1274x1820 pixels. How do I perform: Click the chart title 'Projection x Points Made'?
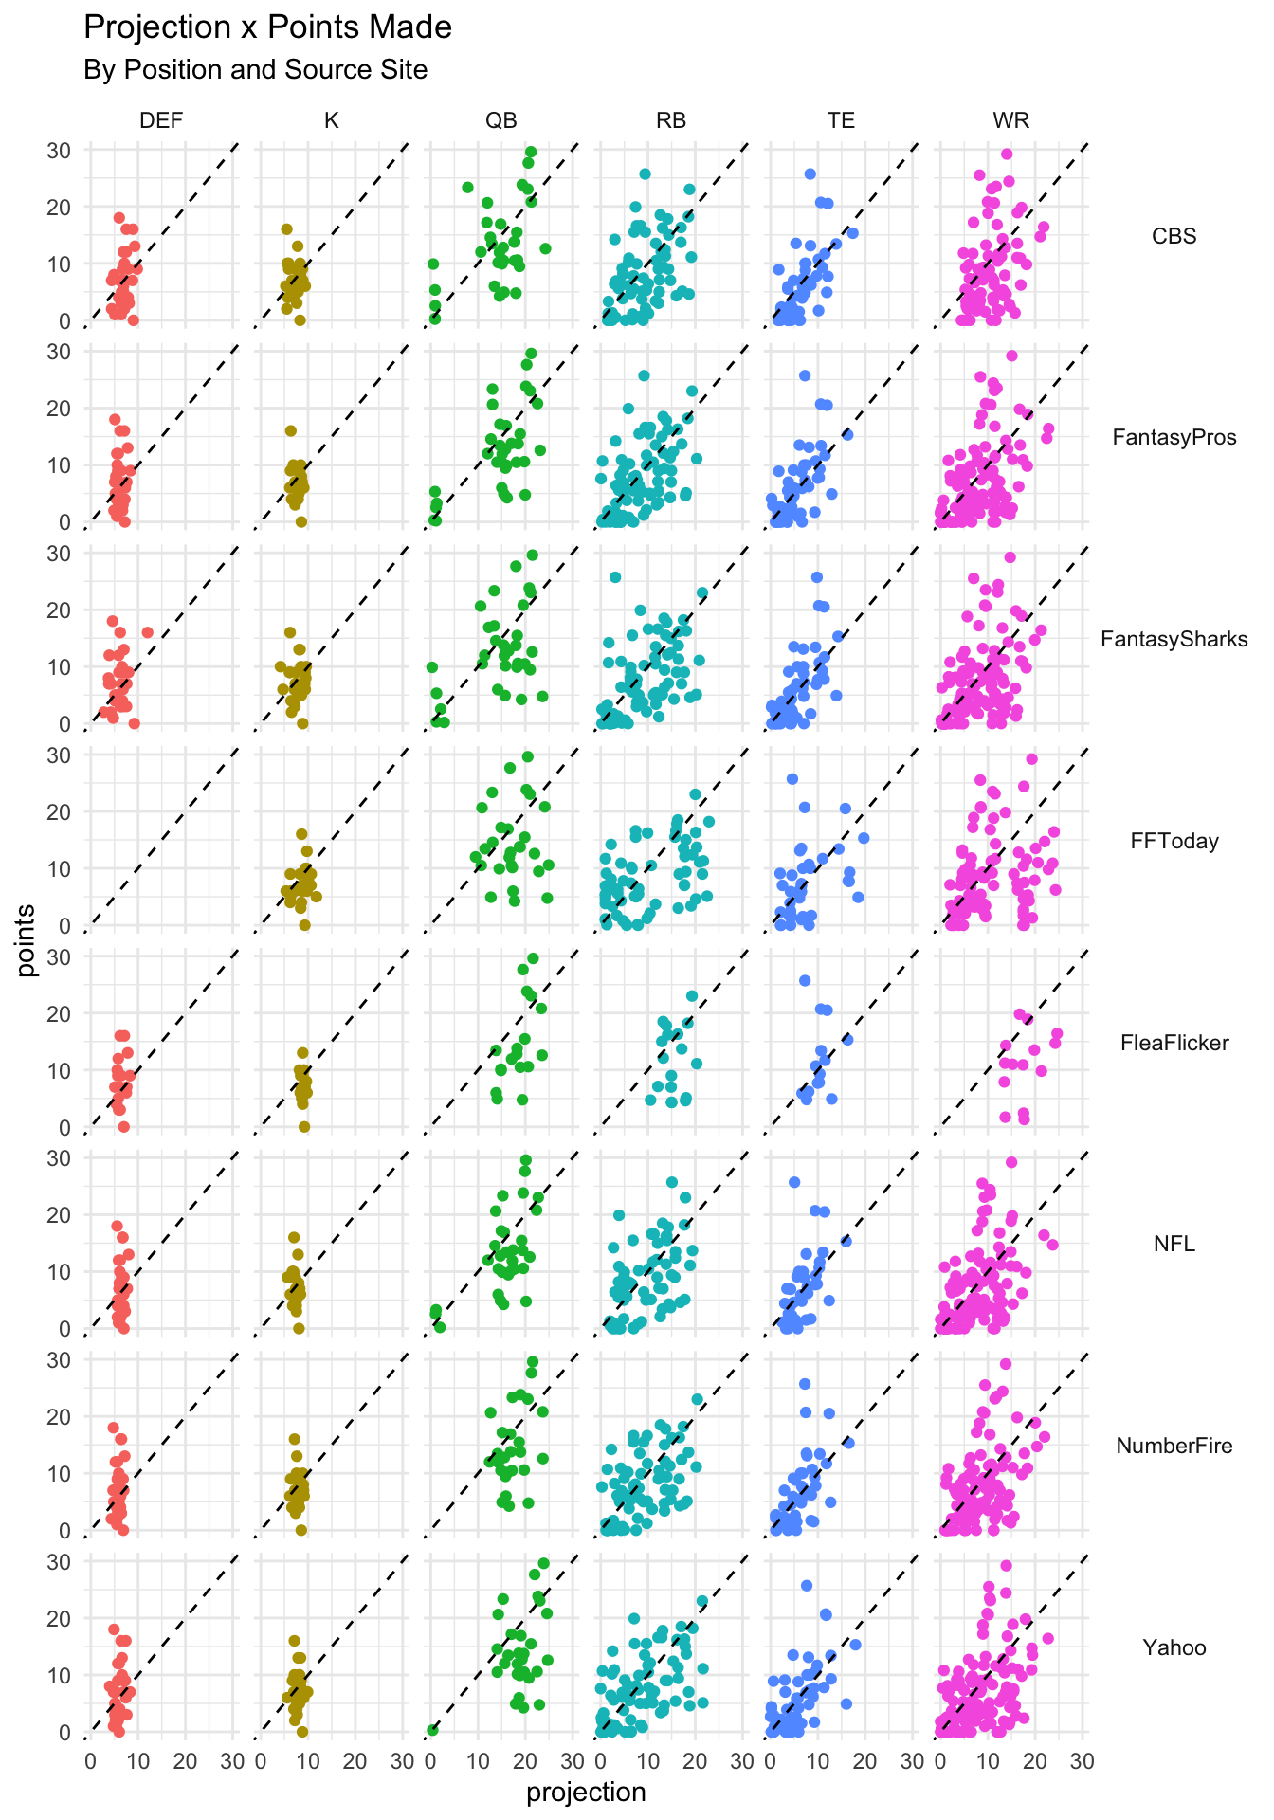(267, 28)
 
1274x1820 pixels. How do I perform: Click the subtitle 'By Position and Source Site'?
(255, 70)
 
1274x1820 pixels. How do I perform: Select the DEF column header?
(161, 120)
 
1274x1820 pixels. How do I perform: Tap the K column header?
(331, 120)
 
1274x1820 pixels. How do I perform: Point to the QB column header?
(501, 120)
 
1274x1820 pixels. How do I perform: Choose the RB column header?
(671, 120)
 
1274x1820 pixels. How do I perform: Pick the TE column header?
(841, 120)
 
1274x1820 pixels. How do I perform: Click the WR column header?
(1011, 120)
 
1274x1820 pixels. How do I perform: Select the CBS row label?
(1174, 236)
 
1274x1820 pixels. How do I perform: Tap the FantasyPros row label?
(1174, 438)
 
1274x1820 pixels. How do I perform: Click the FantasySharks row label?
(1174, 640)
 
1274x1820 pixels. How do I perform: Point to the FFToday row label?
(1174, 842)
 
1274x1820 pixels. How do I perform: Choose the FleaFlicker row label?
(1174, 1044)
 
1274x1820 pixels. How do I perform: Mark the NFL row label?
(1174, 1245)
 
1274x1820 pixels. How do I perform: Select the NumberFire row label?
(1174, 1447)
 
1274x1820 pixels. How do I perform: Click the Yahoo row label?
(1174, 1648)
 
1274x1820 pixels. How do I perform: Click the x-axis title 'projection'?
(586, 1793)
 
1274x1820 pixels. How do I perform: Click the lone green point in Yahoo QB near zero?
(432, 1730)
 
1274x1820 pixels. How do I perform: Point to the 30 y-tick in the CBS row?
(59, 150)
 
